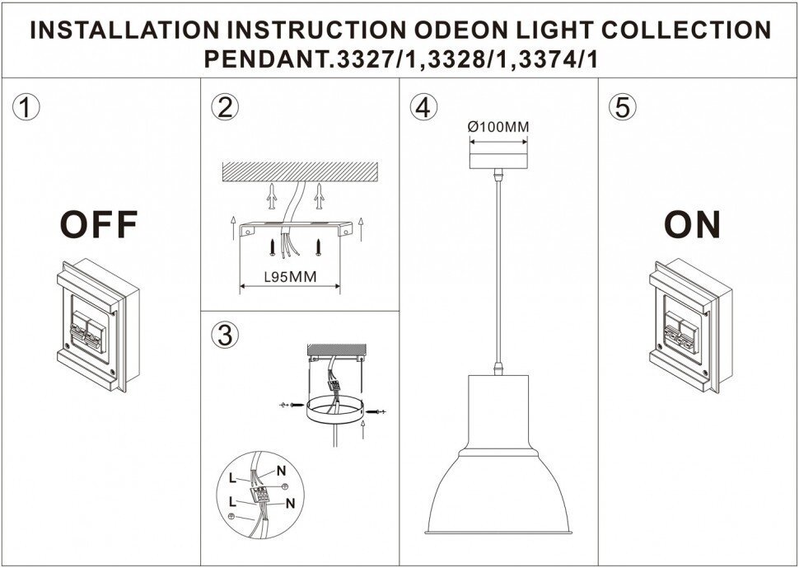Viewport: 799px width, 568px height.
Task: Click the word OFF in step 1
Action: pyautogui.click(x=98, y=224)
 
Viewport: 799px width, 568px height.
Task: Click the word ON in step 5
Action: pyautogui.click(x=693, y=224)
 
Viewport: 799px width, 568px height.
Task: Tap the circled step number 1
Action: pyautogui.click(x=26, y=107)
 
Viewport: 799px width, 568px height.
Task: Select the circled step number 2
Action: pyautogui.click(x=224, y=107)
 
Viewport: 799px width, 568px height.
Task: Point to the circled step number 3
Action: pyautogui.click(x=224, y=336)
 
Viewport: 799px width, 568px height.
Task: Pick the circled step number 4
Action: pyautogui.click(x=422, y=107)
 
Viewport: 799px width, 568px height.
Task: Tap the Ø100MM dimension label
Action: pyautogui.click(x=498, y=127)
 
